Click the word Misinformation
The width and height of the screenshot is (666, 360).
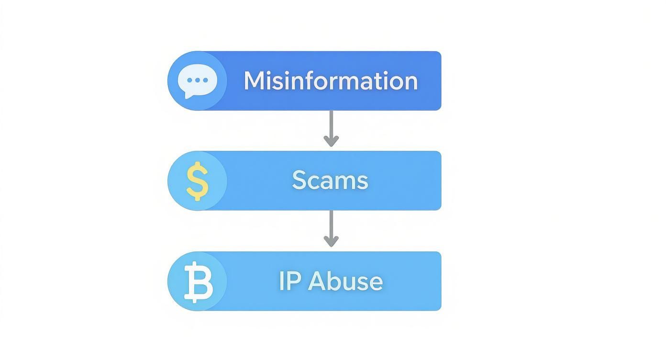[x=331, y=81]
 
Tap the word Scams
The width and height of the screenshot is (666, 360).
[x=330, y=180]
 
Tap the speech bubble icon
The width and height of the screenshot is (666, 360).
[x=197, y=80]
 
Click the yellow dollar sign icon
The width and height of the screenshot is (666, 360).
[x=197, y=180]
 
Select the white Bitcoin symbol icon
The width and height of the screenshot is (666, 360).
[x=198, y=281]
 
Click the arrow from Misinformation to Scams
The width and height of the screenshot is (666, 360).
[x=331, y=127]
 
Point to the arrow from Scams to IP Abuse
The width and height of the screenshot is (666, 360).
[x=331, y=228]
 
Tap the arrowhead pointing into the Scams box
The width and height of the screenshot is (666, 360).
[x=331, y=140]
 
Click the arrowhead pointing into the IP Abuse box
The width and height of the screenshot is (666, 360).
[x=331, y=241]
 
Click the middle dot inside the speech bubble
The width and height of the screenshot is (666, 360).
[x=198, y=80]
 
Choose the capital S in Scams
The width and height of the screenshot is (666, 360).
[x=300, y=180]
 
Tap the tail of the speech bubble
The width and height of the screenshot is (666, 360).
[x=189, y=96]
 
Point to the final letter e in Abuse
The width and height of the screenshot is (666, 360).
[x=377, y=282]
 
